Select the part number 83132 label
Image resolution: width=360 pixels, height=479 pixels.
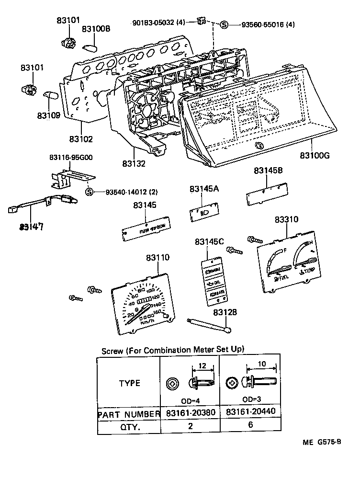click(133, 163)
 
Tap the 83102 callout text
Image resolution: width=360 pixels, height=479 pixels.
click(81, 139)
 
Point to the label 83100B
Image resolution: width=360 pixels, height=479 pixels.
click(96, 29)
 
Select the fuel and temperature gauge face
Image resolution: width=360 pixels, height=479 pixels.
click(288, 266)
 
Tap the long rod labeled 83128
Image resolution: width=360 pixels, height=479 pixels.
click(210, 325)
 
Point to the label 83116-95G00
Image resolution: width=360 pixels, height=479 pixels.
click(71, 158)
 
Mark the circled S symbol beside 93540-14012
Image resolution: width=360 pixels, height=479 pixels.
click(89, 192)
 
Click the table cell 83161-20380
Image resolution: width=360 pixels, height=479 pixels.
click(190, 412)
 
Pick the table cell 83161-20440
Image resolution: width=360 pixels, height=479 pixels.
click(250, 412)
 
